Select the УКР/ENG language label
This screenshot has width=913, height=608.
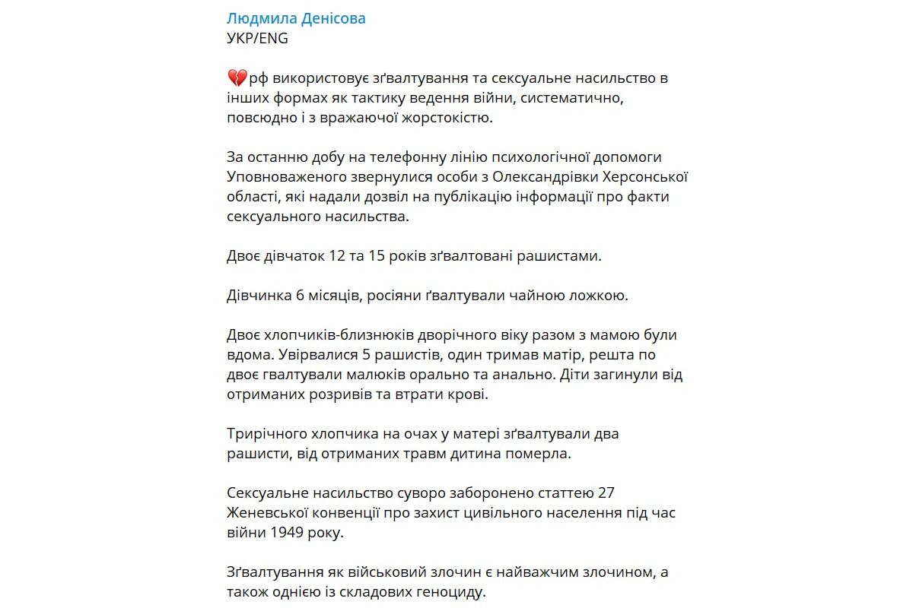click(258, 38)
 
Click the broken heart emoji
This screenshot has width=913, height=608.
click(237, 78)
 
